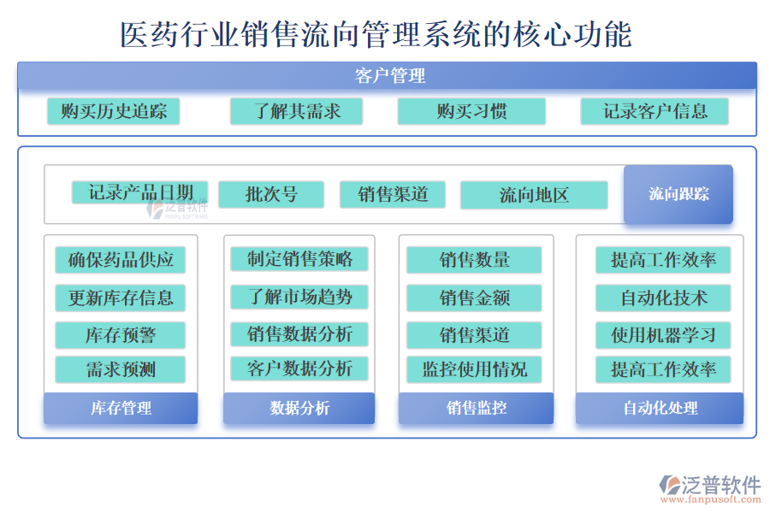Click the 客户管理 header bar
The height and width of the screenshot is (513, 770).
[387, 76]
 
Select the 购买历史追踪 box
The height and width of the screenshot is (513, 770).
[114, 111]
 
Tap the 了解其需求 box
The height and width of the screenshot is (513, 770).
[296, 111]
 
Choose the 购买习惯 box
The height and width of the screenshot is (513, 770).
[471, 111]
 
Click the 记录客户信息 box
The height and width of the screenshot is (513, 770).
[654, 111]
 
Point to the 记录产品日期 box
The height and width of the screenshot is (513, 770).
[139, 193]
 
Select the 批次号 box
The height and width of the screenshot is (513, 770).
[271, 194]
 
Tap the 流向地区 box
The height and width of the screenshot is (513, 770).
[534, 195]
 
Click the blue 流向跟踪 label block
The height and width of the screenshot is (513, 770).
[678, 194]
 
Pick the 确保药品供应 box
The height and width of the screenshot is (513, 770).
[121, 260]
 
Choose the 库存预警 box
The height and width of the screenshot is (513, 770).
[121, 334]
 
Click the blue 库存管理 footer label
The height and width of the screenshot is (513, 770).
[121, 408]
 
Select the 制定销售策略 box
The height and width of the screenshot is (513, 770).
[299, 259]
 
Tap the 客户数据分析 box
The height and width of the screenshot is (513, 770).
[299, 369]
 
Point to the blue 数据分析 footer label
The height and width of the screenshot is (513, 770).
[299, 408]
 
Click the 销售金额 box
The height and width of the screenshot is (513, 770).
[474, 298]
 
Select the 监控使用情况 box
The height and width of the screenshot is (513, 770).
[474, 369]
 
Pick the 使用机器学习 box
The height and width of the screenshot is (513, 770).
[663, 334]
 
